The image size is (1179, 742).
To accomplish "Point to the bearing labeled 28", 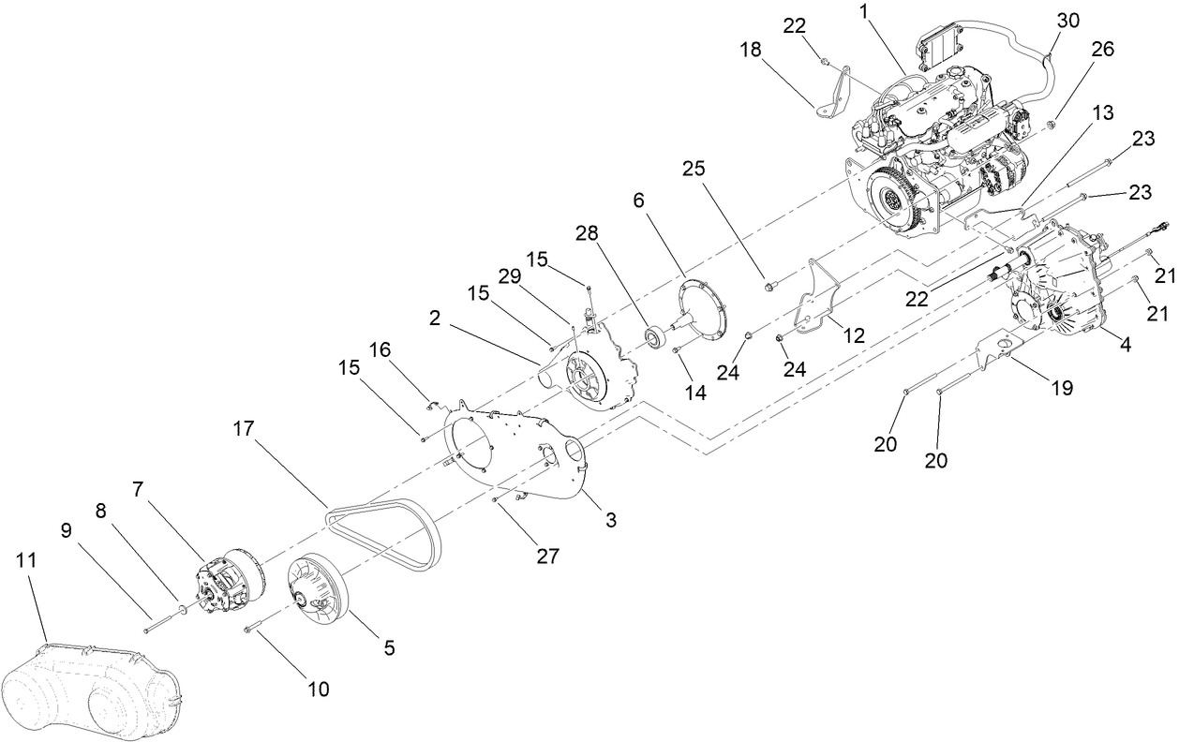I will (x=653, y=334).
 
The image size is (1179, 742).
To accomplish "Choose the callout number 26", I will (x=1102, y=51).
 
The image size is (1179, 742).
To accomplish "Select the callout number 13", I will (x=1103, y=113).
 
